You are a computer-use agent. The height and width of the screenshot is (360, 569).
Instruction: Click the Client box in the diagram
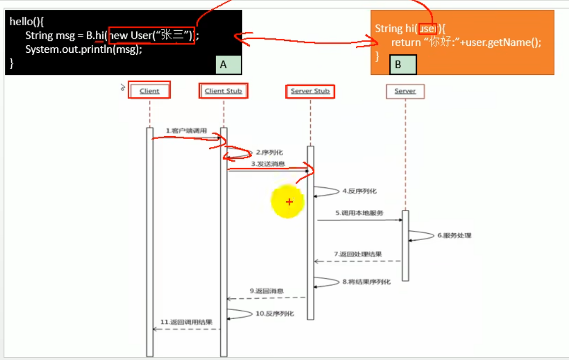[x=150, y=91]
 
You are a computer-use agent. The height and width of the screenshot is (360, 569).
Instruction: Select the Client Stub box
[x=223, y=91]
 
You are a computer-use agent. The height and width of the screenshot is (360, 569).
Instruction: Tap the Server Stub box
[x=310, y=91]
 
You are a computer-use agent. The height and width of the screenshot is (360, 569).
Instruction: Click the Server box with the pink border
[x=405, y=91]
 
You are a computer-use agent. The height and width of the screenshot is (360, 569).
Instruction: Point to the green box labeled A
[x=228, y=65]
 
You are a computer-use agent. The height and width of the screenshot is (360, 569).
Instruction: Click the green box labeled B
[x=403, y=65]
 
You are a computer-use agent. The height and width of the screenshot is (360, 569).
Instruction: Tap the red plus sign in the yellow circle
[x=289, y=202]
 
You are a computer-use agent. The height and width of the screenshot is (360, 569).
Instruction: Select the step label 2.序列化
[x=269, y=153]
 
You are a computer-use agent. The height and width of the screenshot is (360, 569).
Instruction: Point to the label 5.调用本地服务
[x=359, y=213]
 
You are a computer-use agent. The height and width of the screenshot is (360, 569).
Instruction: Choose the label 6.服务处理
[x=454, y=235]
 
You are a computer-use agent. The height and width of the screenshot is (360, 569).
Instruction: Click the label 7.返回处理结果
[x=358, y=254]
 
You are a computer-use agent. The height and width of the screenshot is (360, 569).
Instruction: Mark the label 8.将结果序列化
[x=366, y=282]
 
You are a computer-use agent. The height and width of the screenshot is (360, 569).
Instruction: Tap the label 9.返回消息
[x=266, y=291]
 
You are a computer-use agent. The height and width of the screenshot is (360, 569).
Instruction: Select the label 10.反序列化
[x=274, y=314]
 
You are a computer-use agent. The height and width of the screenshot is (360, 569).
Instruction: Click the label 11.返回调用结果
[x=187, y=322]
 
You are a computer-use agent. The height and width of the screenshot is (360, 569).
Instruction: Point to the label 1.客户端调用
[x=187, y=131]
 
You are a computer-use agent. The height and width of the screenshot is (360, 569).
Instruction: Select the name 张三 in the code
[x=173, y=36]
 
